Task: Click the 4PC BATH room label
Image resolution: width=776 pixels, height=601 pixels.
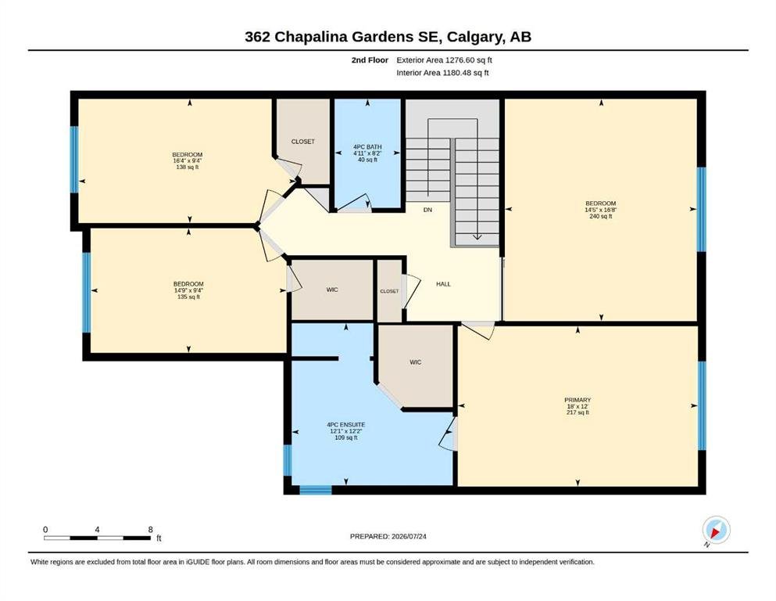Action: coord(367,146)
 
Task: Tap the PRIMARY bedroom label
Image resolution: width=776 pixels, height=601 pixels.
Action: coord(578,400)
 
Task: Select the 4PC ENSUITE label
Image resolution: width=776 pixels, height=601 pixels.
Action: coord(346,425)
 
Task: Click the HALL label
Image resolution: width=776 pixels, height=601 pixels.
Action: coord(443,284)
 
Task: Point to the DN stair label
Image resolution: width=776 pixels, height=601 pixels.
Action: coord(427,210)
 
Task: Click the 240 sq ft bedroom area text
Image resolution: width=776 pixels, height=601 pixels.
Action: coord(601,216)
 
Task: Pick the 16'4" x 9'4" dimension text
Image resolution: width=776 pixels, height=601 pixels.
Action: coord(188,160)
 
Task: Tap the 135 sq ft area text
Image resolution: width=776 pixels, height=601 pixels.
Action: coord(188,297)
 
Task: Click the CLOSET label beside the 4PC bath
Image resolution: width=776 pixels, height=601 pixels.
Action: coord(303,141)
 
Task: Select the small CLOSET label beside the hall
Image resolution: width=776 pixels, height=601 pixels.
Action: coord(389,291)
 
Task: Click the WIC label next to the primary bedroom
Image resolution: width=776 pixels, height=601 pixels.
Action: coord(415,362)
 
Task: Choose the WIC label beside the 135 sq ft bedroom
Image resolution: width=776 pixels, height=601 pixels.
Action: coord(332,290)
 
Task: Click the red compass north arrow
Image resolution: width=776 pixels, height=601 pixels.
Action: coord(714,533)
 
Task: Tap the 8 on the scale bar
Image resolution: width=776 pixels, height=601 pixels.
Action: coord(151,529)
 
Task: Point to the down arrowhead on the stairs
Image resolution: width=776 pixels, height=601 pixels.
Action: coord(477,237)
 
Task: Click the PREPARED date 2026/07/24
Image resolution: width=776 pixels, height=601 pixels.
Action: coord(409,536)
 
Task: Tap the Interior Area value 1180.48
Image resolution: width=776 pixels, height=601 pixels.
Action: coord(458,73)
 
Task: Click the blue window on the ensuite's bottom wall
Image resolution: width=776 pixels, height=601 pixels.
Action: coord(315,490)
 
